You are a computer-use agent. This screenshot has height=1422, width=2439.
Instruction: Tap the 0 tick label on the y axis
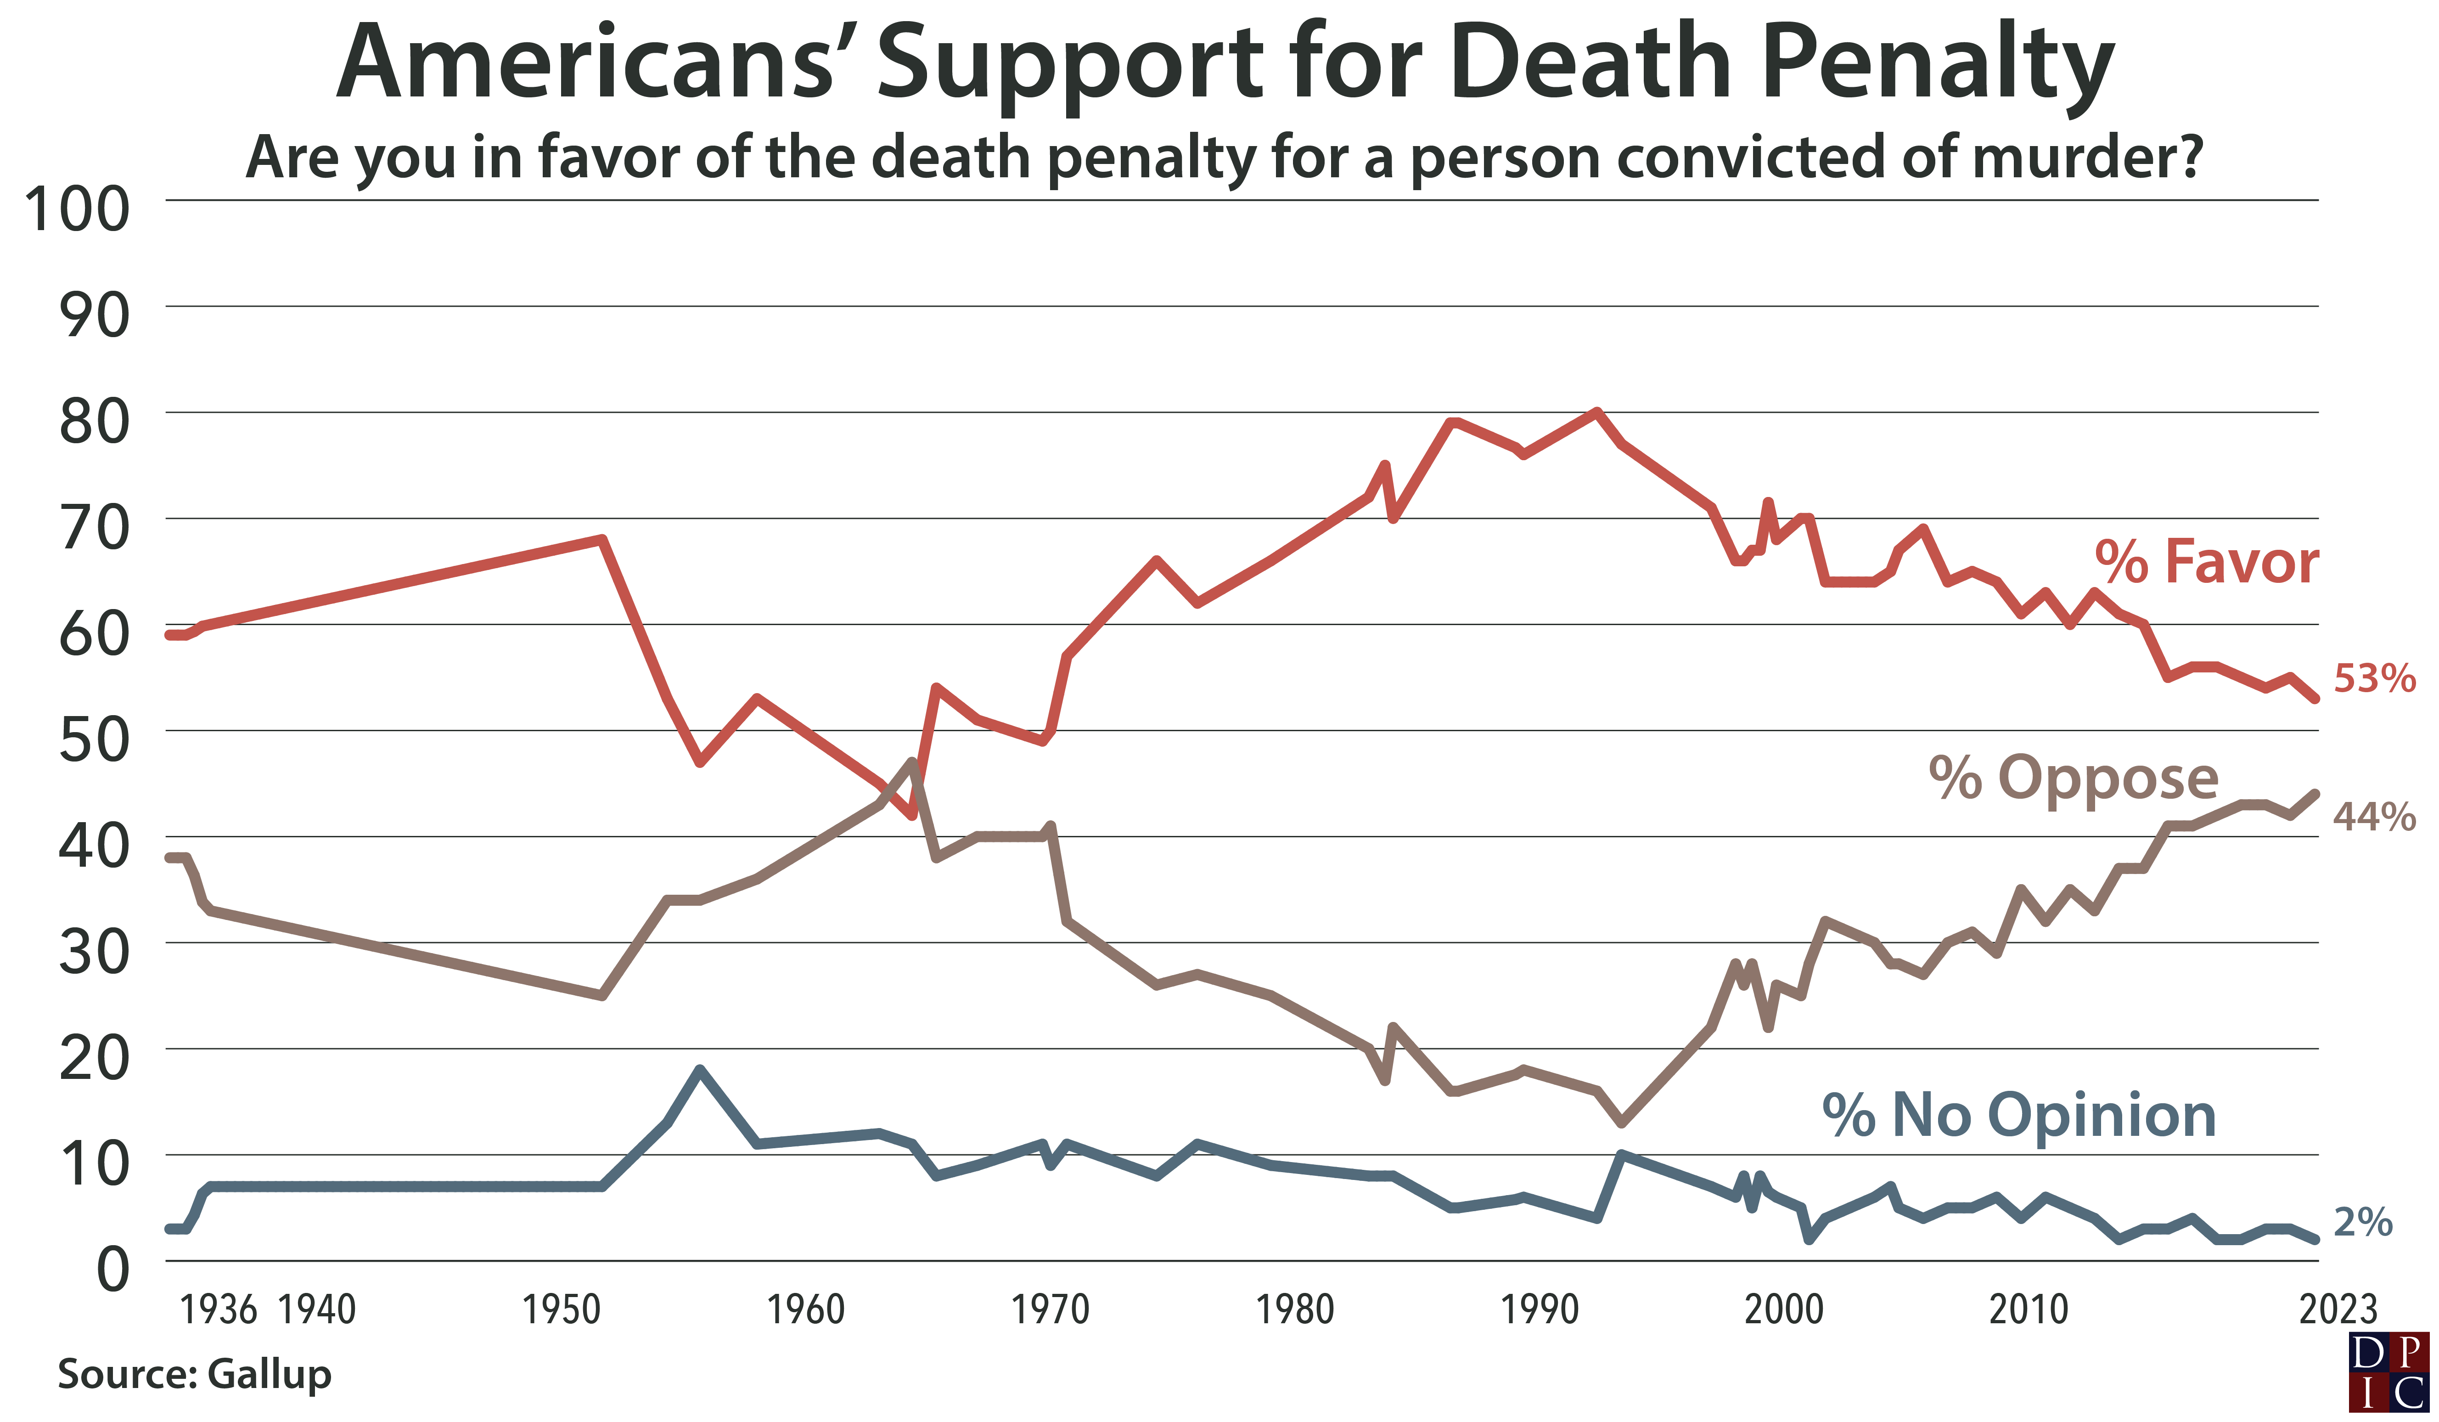click(112, 1269)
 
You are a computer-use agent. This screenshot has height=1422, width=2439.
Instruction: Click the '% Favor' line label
click(2207, 561)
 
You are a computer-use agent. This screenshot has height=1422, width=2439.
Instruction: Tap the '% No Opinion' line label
click(2019, 1115)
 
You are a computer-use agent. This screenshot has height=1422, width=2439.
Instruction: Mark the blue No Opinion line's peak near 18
click(700, 1070)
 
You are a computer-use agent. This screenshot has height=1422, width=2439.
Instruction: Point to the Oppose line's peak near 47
click(912, 762)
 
